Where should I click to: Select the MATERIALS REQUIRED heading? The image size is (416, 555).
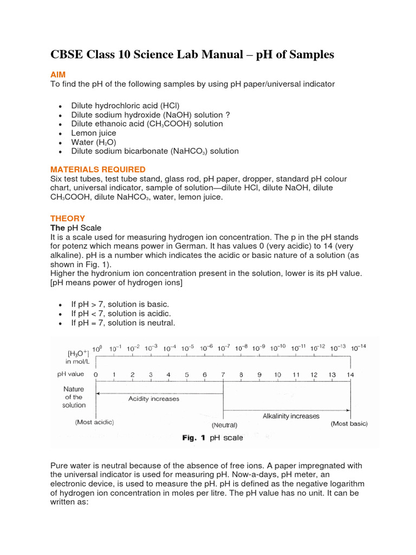[97, 170]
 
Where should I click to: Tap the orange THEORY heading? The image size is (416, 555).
[68, 218]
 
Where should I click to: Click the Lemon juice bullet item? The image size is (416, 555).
[94, 133]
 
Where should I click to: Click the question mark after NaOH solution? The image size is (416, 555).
[228, 115]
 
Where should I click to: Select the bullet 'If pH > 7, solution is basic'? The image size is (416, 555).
[121, 305]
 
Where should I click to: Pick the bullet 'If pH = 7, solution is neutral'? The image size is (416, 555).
[123, 323]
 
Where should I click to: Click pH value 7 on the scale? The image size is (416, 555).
[223, 375]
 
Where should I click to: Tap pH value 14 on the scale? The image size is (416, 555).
[350, 375]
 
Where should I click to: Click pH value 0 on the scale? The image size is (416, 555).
[96, 375]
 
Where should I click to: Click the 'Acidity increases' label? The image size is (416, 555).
[153, 398]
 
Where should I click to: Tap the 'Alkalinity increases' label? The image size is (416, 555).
[291, 416]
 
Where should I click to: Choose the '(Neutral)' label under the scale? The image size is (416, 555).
[223, 425]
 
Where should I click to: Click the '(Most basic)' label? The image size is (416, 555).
[349, 424]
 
